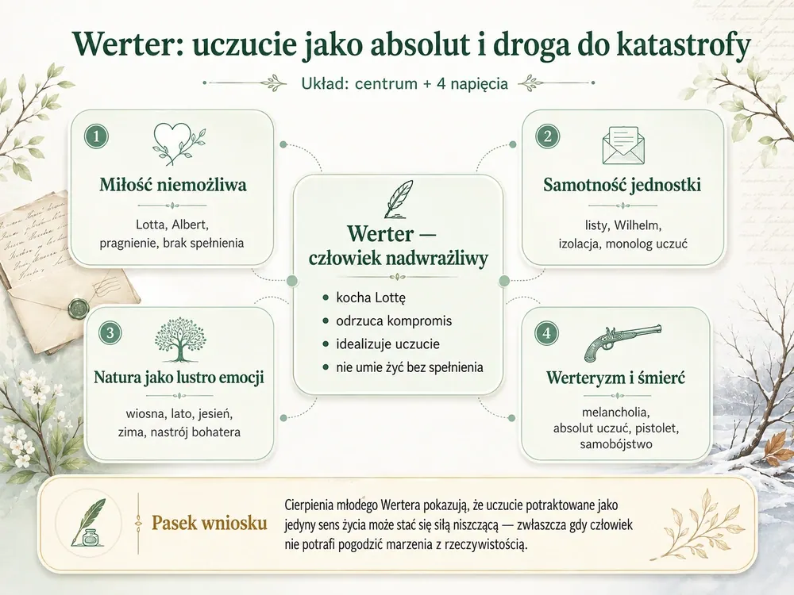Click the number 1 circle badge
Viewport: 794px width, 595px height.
coord(96,136)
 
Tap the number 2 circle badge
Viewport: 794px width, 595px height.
coord(547,136)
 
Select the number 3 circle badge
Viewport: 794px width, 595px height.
coord(110,333)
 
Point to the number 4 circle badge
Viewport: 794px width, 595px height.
coord(546,333)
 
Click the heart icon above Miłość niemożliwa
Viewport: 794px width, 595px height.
coord(178,144)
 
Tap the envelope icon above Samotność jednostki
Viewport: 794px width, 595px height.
coord(624,144)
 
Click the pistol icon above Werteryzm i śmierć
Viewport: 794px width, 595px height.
coord(622,342)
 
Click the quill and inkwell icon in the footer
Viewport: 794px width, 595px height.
coord(89,523)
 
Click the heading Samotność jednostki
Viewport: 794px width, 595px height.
coord(622,185)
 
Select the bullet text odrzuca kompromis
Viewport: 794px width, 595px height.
coord(394,321)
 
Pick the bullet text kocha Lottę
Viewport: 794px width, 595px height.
coord(371,297)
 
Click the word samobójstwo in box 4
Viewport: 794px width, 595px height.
coord(616,444)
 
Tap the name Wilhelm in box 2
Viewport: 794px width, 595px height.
coord(638,225)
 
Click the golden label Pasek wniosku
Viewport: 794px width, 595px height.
coord(209,523)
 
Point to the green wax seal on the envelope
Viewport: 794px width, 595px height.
coord(79,306)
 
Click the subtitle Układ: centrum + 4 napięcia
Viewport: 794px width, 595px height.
coord(405,83)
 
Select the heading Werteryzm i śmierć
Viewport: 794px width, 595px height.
coord(616,378)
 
